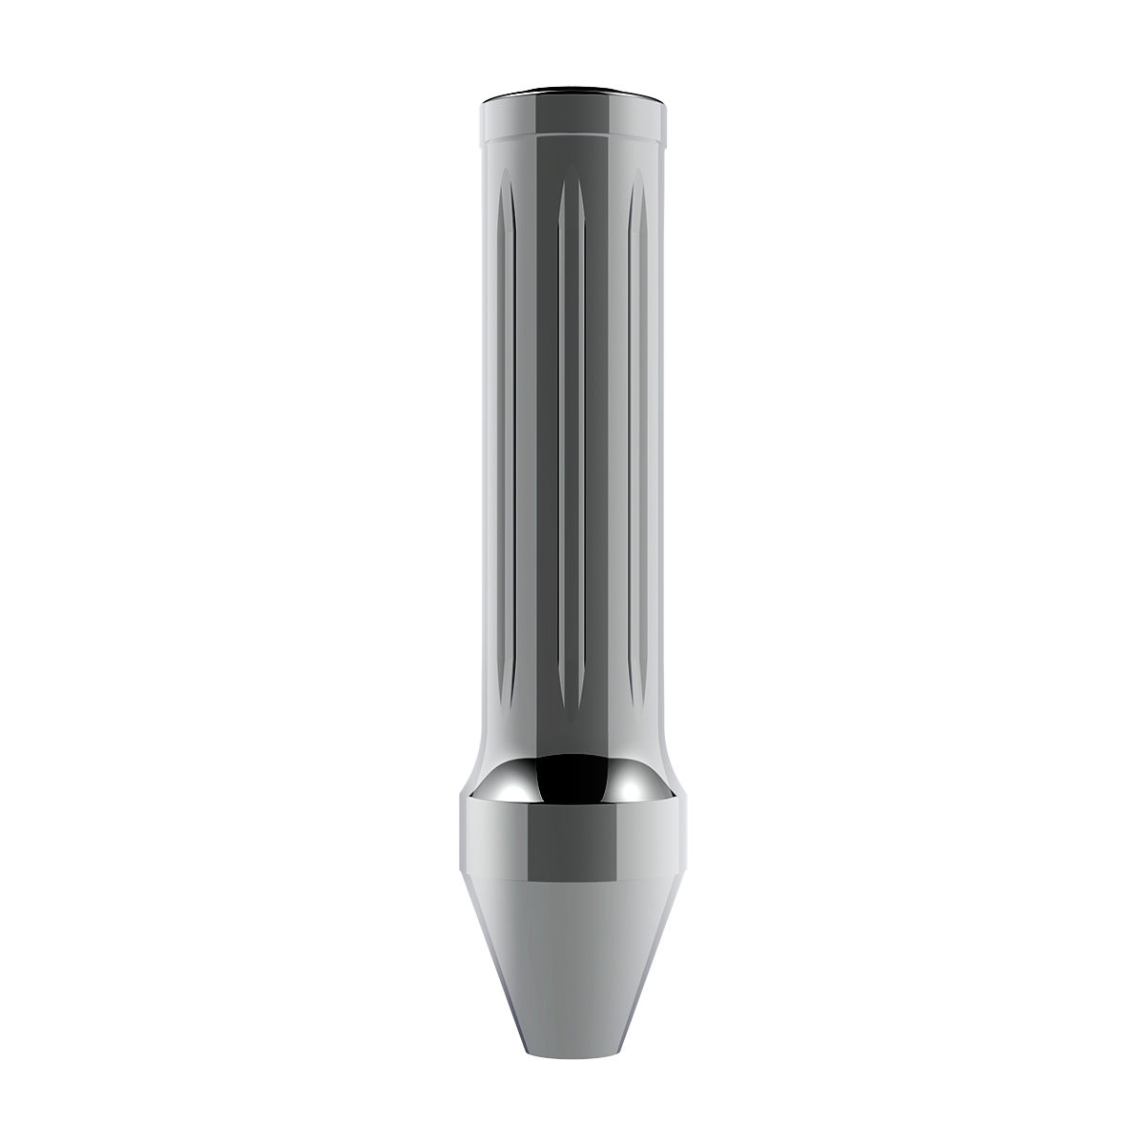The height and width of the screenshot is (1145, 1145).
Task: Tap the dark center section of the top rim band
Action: pyautogui.click(x=572, y=115)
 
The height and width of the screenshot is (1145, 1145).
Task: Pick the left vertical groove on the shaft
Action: pyautogui.click(x=506, y=429)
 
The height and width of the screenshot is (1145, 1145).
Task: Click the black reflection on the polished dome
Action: pyautogui.click(x=572, y=779)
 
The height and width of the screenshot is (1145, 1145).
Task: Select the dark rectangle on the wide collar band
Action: pyautogui.click(x=572, y=841)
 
